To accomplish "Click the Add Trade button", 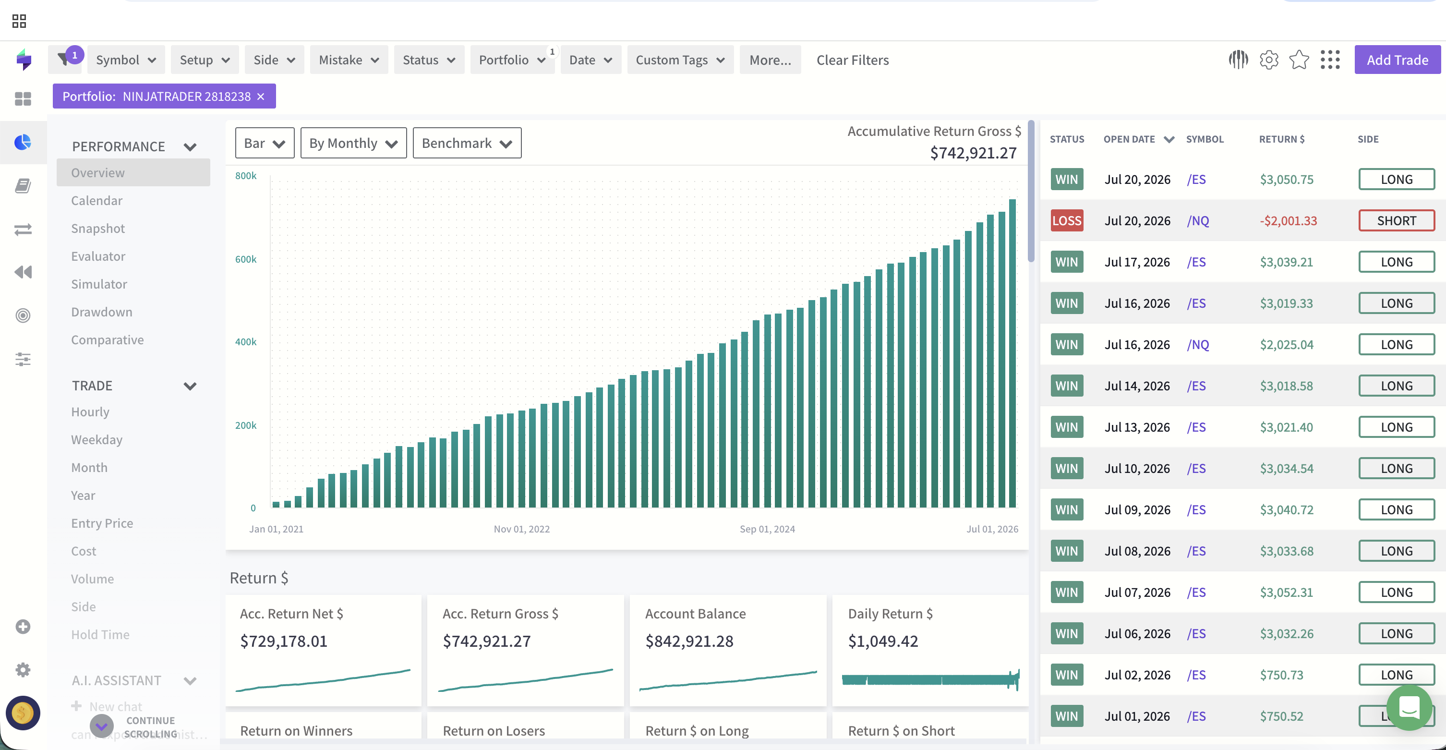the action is (x=1397, y=60).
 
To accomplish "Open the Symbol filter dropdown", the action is (x=126, y=60).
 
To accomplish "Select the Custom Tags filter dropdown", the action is (x=680, y=60).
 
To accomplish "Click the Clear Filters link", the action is (x=852, y=60).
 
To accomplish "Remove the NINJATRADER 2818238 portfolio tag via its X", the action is (x=261, y=97).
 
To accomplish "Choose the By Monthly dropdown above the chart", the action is (x=353, y=143).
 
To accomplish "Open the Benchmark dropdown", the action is (x=467, y=143).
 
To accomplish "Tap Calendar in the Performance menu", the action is (x=96, y=200).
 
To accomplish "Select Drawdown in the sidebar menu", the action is (x=102, y=312).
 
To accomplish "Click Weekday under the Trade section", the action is (x=96, y=439).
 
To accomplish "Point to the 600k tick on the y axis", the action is (x=246, y=259).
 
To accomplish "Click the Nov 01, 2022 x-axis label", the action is (x=521, y=529).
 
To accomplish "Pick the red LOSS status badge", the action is (x=1067, y=220).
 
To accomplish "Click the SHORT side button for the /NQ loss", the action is (x=1396, y=220).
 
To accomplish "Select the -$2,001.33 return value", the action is (x=1288, y=220).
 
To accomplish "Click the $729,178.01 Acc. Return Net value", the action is (x=283, y=641).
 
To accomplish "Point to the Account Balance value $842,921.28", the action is (x=689, y=641).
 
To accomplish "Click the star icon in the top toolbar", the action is (x=1299, y=60).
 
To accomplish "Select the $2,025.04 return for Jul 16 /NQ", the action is (x=1287, y=345).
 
